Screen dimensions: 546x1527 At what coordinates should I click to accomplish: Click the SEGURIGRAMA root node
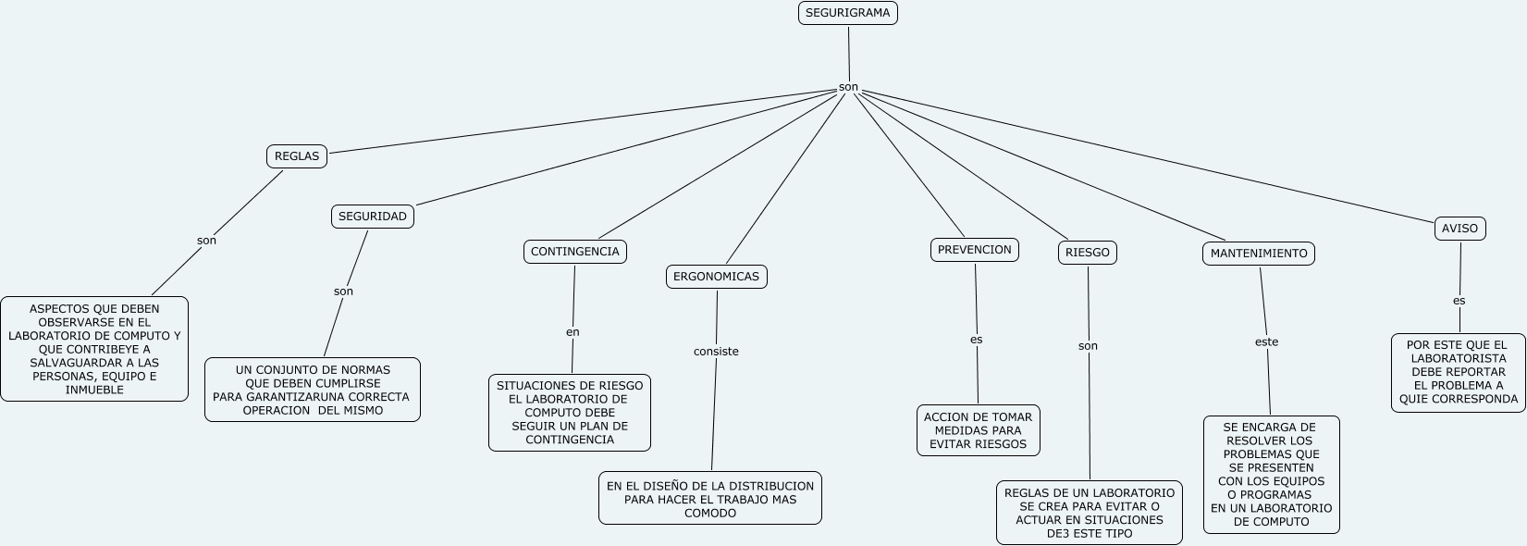(x=847, y=13)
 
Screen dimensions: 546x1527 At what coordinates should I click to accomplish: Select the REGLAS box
(x=297, y=156)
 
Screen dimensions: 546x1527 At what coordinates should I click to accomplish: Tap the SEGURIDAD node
(x=372, y=217)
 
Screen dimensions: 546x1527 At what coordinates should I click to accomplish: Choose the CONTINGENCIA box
(x=574, y=252)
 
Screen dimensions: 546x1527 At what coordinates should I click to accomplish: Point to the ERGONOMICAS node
(x=716, y=277)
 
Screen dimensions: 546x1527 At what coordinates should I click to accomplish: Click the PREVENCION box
(x=974, y=250)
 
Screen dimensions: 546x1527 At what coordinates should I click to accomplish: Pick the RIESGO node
(x=1087, y=253)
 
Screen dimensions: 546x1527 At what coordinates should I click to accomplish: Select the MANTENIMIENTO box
(x=1258, y=254)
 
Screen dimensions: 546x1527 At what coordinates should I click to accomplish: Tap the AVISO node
(x=1459, y=229)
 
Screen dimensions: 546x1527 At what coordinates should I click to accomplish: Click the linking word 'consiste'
(x=716, y=352)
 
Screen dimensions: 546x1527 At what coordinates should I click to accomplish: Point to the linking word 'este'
(x=1266, y=342)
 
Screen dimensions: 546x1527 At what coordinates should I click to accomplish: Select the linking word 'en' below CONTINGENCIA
(x=573, y=332)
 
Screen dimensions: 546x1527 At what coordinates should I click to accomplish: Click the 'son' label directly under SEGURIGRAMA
(x=848, y=88)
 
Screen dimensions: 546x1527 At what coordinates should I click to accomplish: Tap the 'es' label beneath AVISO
(x=1459, y=301)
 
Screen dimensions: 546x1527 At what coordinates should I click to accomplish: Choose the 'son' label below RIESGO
(x=1088, y=346)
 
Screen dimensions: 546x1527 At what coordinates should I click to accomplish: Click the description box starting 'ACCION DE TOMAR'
(x=978, y=430)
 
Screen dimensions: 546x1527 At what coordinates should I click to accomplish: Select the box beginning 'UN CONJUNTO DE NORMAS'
(x=312, y=390)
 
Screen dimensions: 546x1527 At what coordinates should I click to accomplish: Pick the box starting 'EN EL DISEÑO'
(x=709, y=499)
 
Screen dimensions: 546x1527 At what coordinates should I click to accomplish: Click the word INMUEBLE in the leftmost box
(x=94, y=390)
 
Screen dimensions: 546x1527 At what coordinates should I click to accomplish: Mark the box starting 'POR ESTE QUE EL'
(x=1458, y=372)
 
